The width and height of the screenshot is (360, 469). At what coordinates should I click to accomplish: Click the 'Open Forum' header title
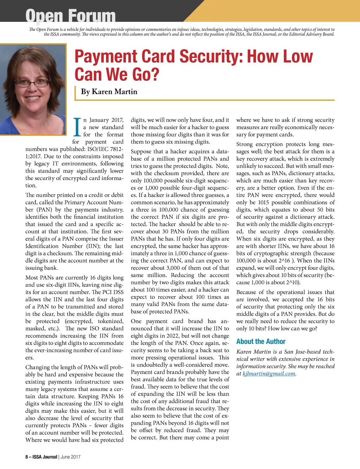70,16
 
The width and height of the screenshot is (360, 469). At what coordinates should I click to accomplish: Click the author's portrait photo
33,89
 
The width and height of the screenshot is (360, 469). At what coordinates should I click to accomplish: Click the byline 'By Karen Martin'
109,92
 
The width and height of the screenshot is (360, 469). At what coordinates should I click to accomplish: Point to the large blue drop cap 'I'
77,127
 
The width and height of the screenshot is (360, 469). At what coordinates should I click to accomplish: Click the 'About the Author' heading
261,341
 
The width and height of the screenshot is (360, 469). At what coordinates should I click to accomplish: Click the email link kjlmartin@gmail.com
269,374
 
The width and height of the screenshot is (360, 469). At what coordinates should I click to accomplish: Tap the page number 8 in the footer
27,457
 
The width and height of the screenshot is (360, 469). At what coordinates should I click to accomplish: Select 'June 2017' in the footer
70,457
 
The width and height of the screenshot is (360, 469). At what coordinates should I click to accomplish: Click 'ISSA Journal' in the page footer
45,457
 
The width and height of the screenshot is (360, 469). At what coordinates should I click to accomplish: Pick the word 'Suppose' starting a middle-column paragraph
141,152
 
